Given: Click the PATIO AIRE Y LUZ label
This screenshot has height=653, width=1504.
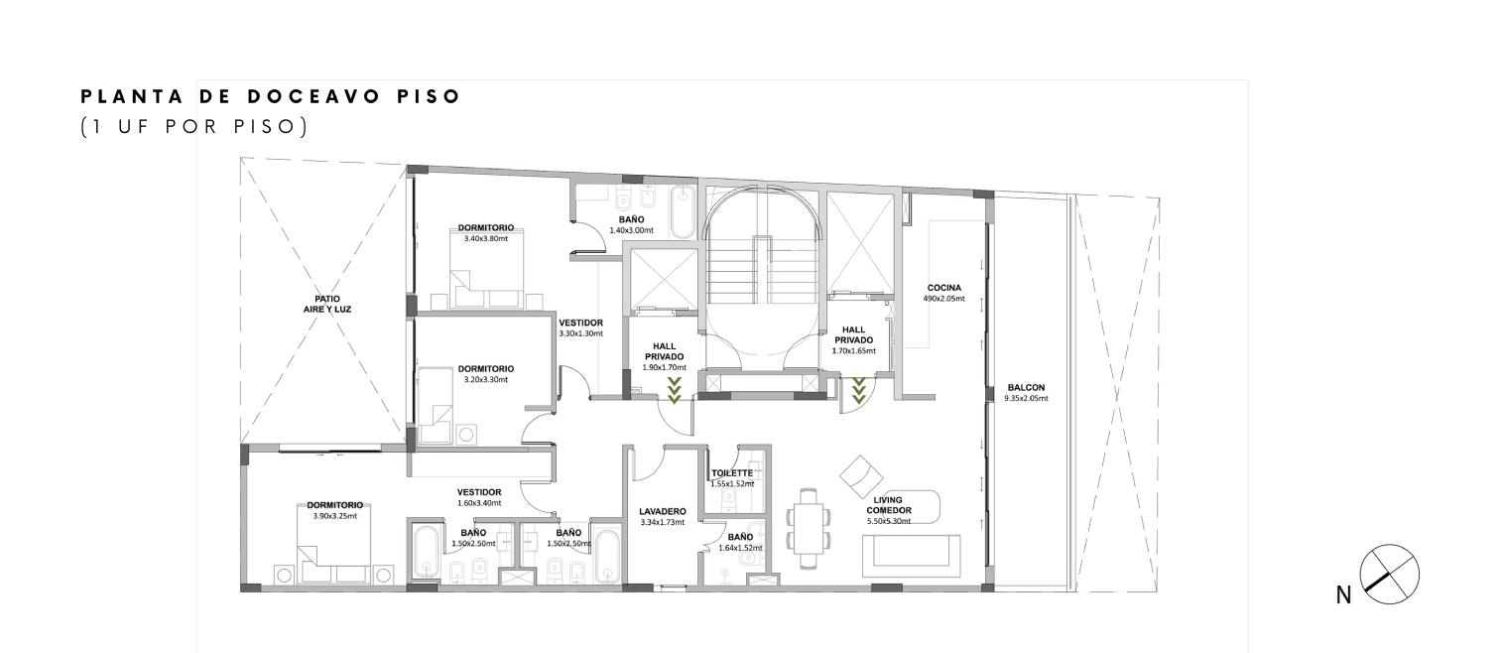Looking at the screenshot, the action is click(327, 305).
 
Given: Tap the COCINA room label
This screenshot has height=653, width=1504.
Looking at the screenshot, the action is click(944, 288).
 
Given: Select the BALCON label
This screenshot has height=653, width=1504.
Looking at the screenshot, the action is click(1026, 388).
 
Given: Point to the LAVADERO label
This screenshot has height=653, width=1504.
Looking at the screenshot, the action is click(662, 511).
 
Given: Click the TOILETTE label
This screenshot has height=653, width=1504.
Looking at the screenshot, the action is click(732, 473).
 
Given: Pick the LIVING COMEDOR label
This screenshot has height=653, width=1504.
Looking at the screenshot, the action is click(888, 505).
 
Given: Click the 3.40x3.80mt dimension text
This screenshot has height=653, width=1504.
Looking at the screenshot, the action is click(485, 238).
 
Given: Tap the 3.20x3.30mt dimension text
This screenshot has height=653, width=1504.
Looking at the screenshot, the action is click(485, 379).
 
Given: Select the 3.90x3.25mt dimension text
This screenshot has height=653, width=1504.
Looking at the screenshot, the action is click(334, 516).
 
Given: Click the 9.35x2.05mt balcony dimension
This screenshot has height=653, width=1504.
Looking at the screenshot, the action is click(1026, 398).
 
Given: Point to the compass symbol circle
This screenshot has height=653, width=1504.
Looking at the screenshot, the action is click(1389, 575).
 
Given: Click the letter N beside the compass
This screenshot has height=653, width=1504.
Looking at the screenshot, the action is click(1343, 595).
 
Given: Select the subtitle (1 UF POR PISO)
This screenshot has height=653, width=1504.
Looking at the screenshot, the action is click(194, 126).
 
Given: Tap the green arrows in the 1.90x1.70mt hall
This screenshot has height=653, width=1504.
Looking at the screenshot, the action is click(675, 390).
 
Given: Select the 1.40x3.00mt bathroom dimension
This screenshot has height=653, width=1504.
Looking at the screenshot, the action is click(631, 230).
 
